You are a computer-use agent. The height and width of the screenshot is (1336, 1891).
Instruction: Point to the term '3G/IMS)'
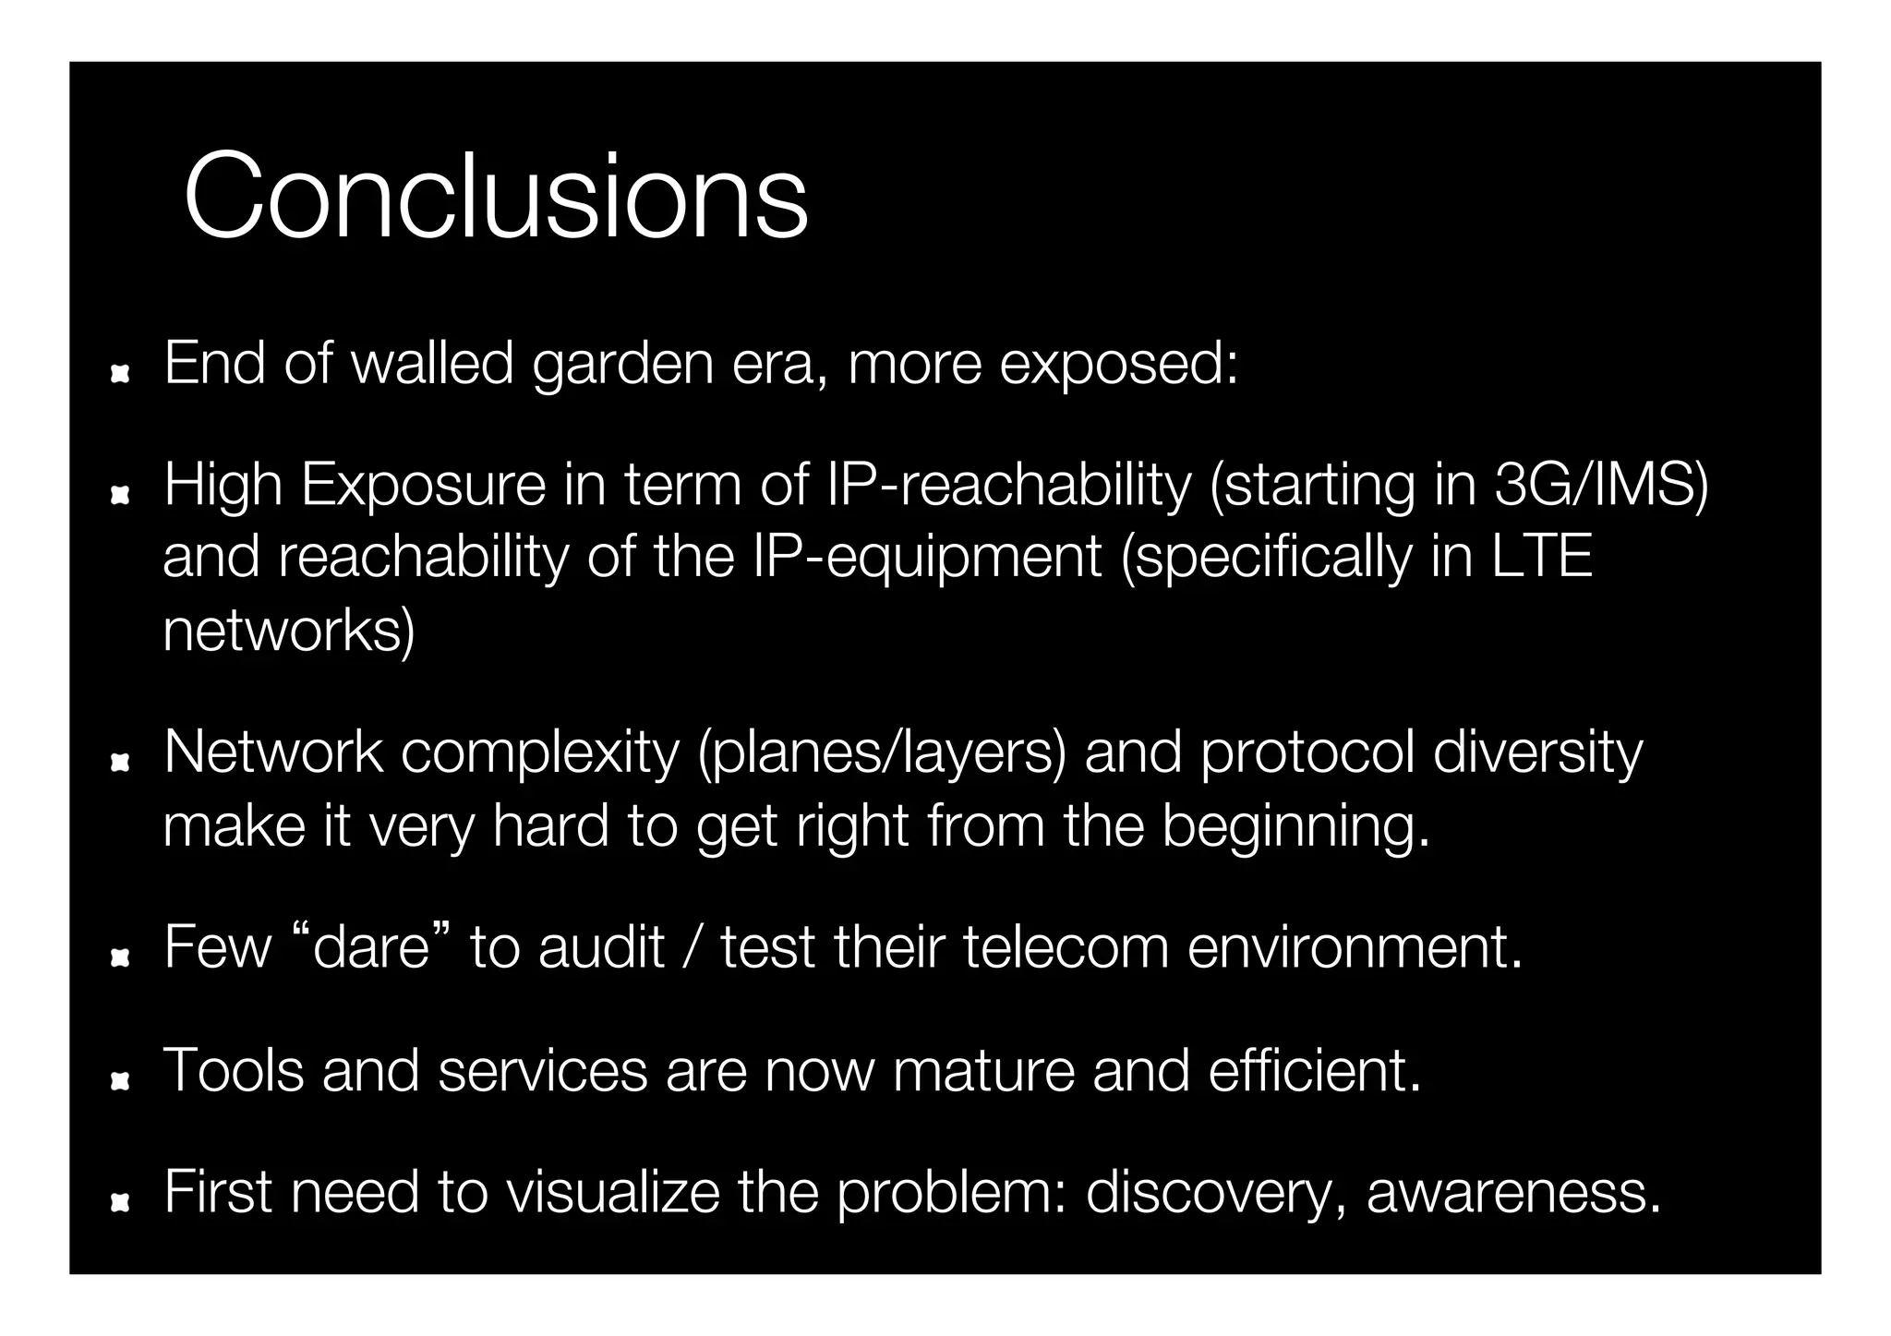pyautogui.click(x=1601, y=486)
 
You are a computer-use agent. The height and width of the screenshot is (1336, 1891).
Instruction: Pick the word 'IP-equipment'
pyautogui.click(x=927, y=558)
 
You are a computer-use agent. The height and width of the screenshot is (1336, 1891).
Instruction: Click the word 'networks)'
pyautogui.click(x=289, y=631)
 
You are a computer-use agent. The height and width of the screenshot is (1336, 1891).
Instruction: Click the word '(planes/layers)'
pyautogui.click(x=881, y=753)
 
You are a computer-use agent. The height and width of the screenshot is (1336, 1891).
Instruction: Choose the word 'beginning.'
pyautogui.click(x=1295, y=825)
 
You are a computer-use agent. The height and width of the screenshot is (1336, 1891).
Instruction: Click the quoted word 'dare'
pyautogui.click(x=372, y=947)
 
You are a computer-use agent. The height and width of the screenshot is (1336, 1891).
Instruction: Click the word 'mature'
pyautogui.click(x=983, y=1070)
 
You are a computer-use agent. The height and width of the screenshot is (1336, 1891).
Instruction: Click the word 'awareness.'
pyautogui.click(x=1513, y=1192)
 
